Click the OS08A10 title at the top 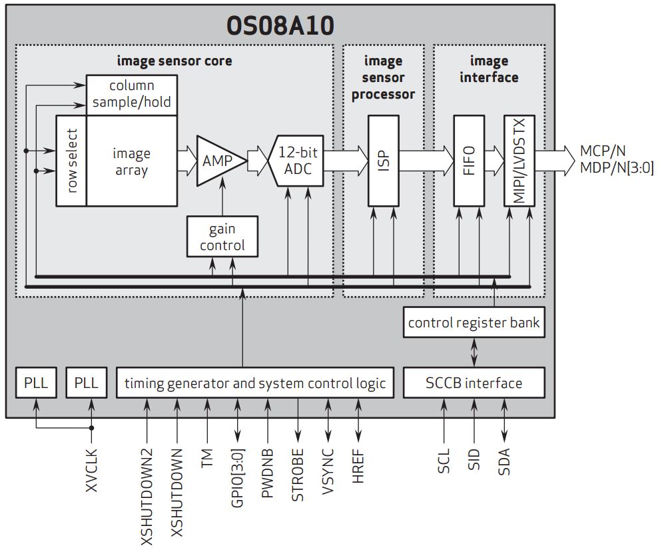coord(280,25)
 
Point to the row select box coord(71,161)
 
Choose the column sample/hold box coord(132,94)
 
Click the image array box coord(131,161)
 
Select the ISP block coord(384,161)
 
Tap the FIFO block coord(468,161)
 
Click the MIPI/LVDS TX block coord(519,161)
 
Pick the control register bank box coord(474,323)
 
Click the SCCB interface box coord(474,383)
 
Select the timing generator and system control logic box coord(255,383)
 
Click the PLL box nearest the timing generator coord(87,383)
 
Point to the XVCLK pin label coord(92,471)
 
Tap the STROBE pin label coord(298,474)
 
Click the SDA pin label coord(504,461)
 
